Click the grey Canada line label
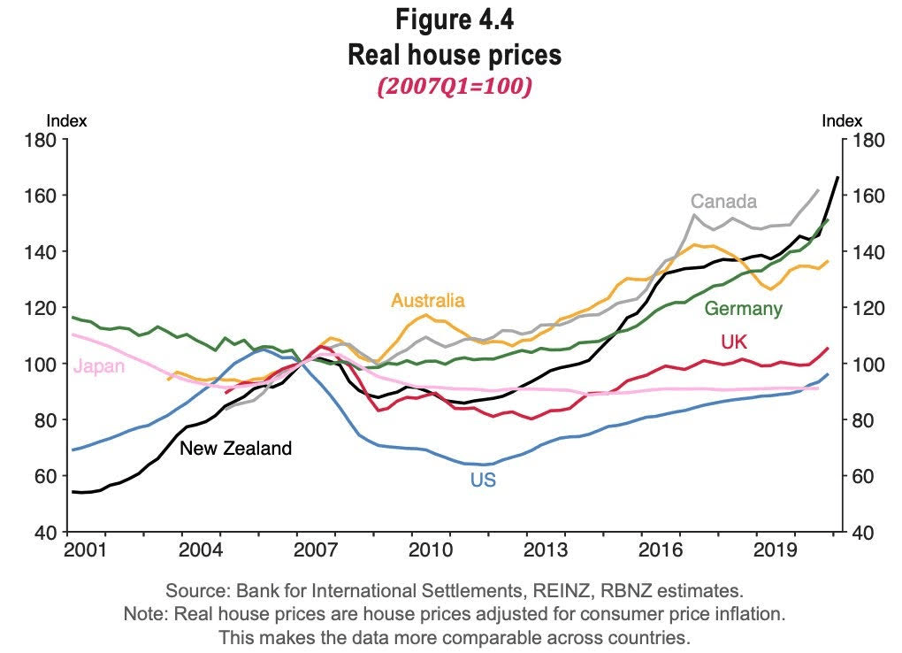coord(723,201)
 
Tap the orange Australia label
coord(428,300)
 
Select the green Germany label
coord(743,309)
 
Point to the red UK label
coord(736,342)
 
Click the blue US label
coord(483,480)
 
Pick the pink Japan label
coord(99,366)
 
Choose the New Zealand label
coord(235,449)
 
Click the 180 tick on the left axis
coord(41,139)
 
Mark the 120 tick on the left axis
coord(41,307)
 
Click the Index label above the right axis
coord(841,121)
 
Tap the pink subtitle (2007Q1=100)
coord(454,88)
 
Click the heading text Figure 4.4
coord(454,19)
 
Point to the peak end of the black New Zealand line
coord(837,178)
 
